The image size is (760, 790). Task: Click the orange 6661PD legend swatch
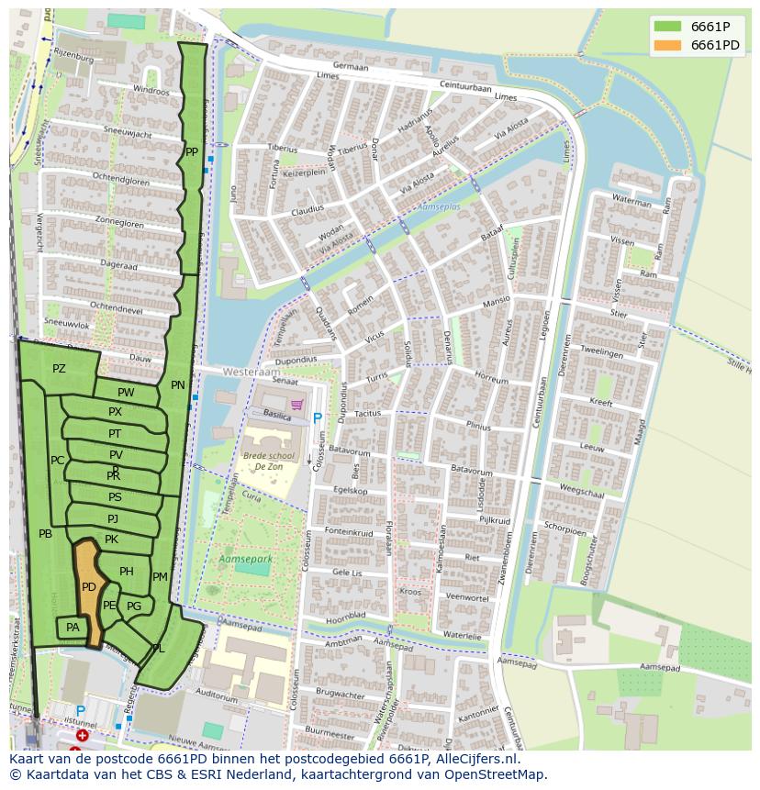click(x=667, y=45)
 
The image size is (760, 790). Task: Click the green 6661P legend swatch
click(x=667, y=26)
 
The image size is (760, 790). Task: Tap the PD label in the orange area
click(x=89, y=587)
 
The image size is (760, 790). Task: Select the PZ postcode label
click(x=59, y=369)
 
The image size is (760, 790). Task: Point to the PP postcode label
click(x=191, y=152)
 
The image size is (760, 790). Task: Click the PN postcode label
click(x=177, y=385)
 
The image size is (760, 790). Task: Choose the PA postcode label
click(x=73, y=628)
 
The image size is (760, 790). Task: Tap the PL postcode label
click(x=158, y=648)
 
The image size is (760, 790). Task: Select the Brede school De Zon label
click(x=263, y=461)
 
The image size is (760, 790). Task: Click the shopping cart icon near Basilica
click(x=296, y=405)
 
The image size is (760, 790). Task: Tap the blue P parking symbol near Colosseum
click(x=318, y=418)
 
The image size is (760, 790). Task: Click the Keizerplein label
click(x=305, y=172)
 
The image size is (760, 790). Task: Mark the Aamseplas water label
click(x=437, y=208)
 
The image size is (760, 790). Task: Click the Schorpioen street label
click(x=564, y=530)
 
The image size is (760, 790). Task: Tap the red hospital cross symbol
click(x=83, y=736)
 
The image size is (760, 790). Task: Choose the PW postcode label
click(x=126, y=393)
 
